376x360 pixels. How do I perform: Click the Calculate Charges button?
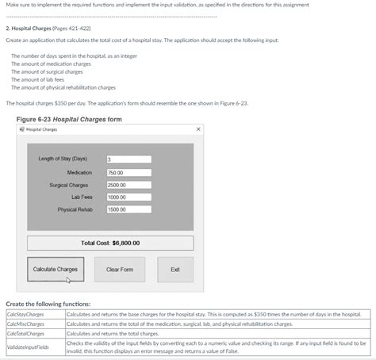point(56,270)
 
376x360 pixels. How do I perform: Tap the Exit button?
point(175,270)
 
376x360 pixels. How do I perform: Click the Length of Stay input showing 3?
point(129,159)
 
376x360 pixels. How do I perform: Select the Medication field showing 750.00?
point(129,172)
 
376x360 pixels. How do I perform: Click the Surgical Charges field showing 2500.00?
point(129,185)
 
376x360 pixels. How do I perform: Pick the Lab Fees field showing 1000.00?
point(129,197)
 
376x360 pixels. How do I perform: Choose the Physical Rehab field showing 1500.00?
point(129,210)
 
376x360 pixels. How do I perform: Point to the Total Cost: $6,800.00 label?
point(110,243)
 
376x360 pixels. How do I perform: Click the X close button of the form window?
point(198,129)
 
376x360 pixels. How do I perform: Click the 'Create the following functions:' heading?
point(48,304)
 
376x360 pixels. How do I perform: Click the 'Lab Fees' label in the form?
point(82,197)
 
